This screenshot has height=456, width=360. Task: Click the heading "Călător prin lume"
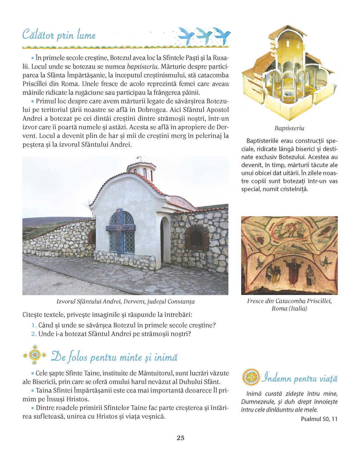point(59,35)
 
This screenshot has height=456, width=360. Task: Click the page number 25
point(180,438)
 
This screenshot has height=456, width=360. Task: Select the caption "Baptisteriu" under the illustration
point(289,128)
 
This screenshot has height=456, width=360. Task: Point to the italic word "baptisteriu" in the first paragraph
point(142,66)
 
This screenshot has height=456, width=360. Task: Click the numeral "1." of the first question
point(34,325)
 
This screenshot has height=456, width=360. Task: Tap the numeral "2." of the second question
point(34,334)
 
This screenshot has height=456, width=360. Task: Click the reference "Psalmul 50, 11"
point(319,419)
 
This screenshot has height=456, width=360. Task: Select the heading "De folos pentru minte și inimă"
point(114,357)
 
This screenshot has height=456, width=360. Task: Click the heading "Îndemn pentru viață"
point(300,378)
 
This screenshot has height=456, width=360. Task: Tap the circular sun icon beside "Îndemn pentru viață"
point(251,378)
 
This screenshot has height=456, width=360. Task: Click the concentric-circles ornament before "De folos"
point(34,355)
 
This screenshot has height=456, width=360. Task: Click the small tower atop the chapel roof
point(142,170)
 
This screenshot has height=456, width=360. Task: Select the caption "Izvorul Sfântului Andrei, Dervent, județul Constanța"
point(126,301)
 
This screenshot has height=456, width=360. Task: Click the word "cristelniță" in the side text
point(293,189)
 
